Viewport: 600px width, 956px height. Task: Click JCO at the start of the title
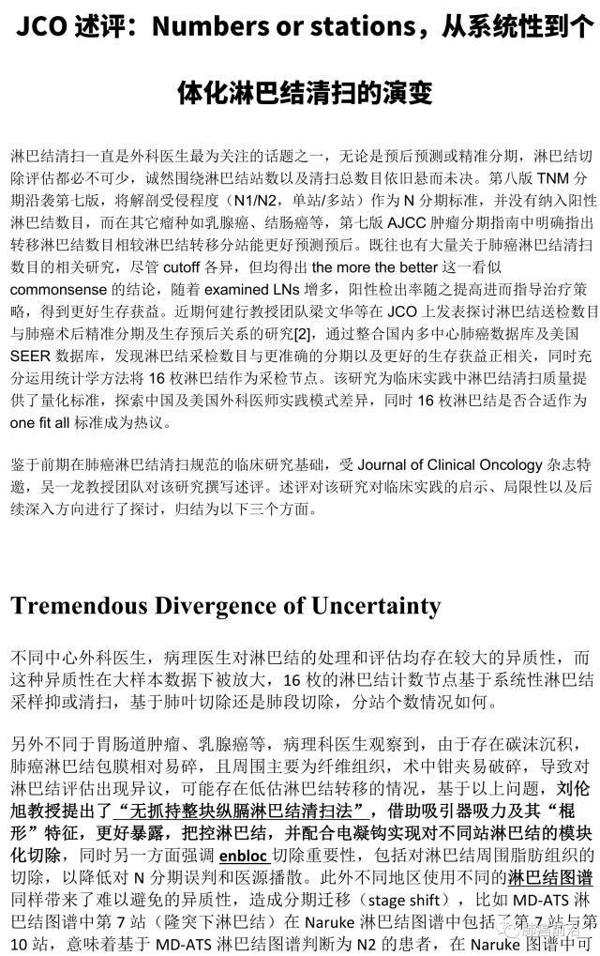point(40,28)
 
